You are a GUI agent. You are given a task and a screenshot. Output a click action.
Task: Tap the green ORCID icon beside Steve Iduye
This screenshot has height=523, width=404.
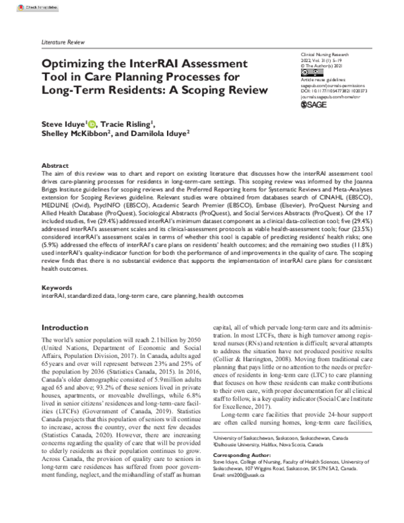[x=92, y=123]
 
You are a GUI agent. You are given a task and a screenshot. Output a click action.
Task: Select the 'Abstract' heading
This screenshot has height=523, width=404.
[x=55, y=165]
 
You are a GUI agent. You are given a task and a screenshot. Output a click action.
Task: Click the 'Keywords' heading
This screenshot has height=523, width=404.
[x=57, y=286]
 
